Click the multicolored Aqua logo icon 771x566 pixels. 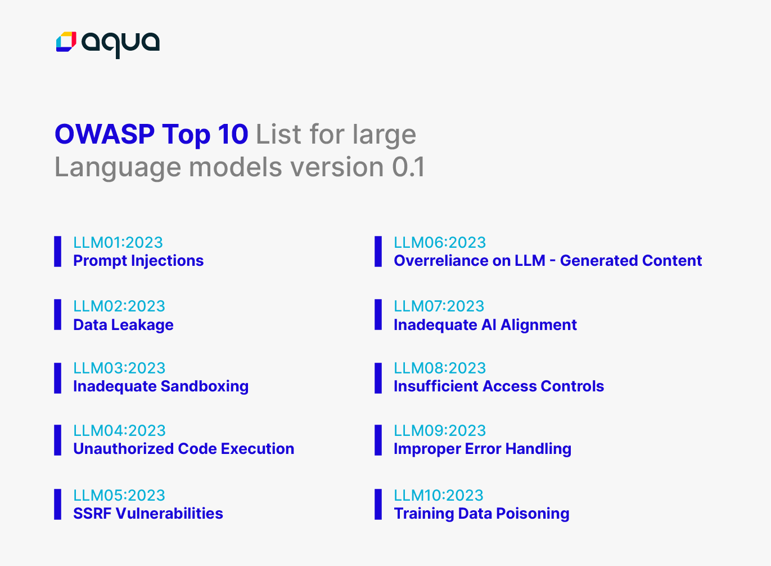pyautogui.click(x=66, y=42)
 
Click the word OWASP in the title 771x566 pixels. pyautogui.click(x=105, y=134)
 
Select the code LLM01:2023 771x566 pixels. pyautogui.click(x=118, y=243)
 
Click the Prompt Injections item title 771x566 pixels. pyautogui.click(x=138, y=261)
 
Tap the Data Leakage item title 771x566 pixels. pyautogui.click(x=123, y=325)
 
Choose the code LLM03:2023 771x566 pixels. pyautogui.click(x=119, y=368)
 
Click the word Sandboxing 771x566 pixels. pyautogui.click(x=205, y=386)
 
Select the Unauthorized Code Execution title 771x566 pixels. pyautogui.click(x=184, y=449)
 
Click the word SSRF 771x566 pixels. pyautogui.click(x=92, y=514)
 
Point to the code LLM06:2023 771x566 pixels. pyautogui.click(x=440, y=243)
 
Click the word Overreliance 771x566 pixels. pyautogui.click(x=441, y=261)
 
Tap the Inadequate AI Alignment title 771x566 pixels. pyautogui.click(x=485, y=325)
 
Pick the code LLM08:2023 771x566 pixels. pyautogui.click(x=440, y=368)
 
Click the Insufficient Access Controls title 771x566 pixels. pyautogui.click(x=499, y=386)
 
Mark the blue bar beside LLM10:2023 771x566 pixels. pyautogui.click(x=378, y=504)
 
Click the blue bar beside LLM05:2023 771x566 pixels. pyautogui.click(x=57, y=504)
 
